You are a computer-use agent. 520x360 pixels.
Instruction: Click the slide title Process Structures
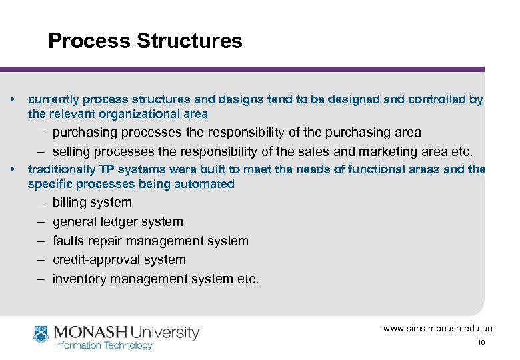[x=145, y=41]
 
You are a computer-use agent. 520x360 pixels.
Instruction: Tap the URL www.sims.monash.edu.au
[x=437, y=329]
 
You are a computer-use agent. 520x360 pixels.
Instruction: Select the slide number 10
[x=481, y=343]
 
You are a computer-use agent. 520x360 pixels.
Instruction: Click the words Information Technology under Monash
[x=103, y=345]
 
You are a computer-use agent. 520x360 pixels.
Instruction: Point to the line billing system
[x=92, y=203]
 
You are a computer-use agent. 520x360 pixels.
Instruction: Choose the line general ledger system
[x=117, y=222]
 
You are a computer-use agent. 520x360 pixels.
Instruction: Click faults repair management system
[x=150, y=241]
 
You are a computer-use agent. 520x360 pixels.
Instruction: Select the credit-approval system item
[x=119, y=260]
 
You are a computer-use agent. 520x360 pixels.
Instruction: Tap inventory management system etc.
[x=155, y=279]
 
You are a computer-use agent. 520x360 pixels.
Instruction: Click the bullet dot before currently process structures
[x=14, y=99]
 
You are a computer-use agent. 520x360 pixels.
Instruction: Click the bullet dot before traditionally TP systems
[x=14, y=169]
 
